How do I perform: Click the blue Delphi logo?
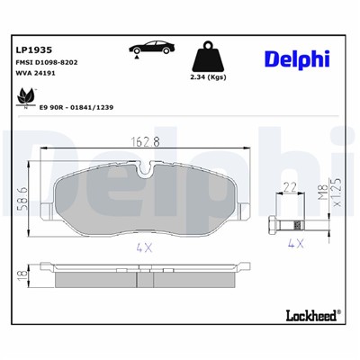(296, 58)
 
